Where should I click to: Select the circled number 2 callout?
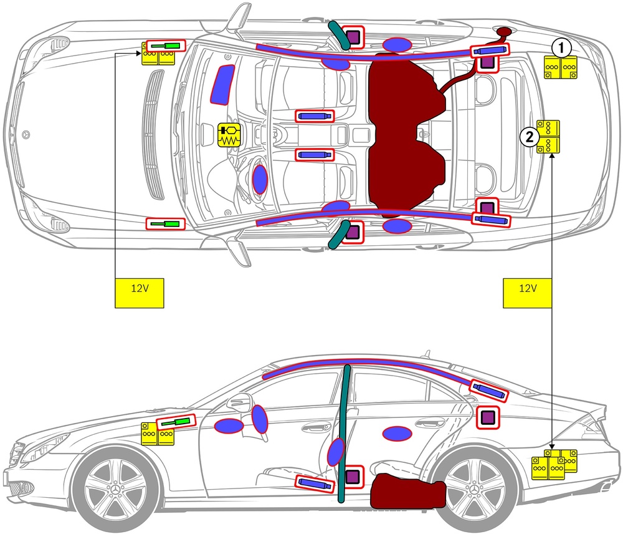[x=530, y=137]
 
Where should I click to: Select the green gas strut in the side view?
[x=176, y=423]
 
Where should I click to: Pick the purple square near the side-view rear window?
[x=488, y=417]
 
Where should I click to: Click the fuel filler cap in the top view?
[x=502, y=32]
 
